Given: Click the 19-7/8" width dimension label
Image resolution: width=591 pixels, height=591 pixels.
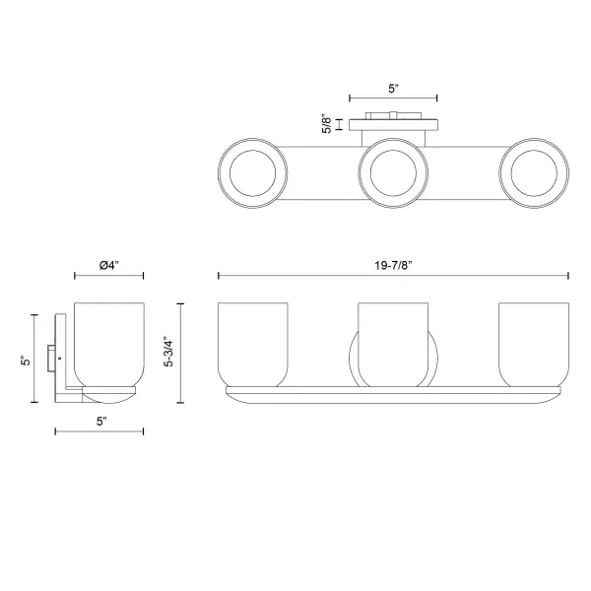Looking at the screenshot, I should pos(393,263).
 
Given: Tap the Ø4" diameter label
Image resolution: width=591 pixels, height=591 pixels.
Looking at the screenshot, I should pos(109,265).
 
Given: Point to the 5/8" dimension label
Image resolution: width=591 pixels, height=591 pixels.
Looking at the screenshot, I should pos(327,124).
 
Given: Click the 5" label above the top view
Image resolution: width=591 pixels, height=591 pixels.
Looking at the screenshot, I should pos(393,89).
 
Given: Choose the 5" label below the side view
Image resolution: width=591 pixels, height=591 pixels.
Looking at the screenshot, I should pos(100,421).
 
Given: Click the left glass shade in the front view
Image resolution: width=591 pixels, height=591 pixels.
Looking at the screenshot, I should pos(252,342).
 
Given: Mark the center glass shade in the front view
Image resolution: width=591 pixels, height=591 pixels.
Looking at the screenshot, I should pos(393,342).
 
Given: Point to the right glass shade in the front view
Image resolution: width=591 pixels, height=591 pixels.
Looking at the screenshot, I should pos(533,342).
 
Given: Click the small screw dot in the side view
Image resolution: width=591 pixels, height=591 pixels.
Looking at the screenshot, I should pos(61,356).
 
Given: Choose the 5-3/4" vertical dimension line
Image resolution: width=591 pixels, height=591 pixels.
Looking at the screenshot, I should pos(180,351).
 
